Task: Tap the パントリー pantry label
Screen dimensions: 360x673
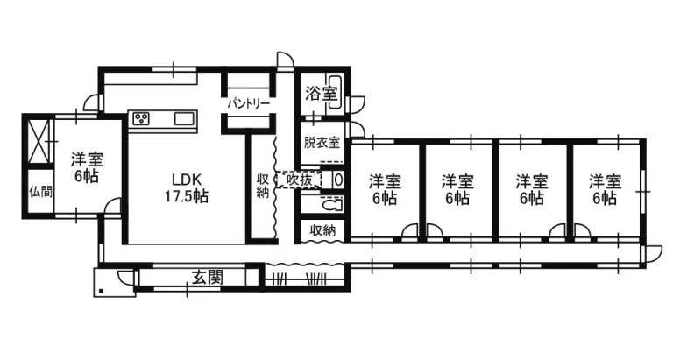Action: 249,102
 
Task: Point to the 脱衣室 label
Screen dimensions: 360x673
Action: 321,141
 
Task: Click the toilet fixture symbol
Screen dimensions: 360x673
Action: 331,208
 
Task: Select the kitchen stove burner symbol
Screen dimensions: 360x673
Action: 142,118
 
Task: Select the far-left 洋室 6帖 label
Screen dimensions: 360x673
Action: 85,167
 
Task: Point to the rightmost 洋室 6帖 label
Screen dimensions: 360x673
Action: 605,190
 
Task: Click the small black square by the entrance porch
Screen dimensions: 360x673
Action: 103,290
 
